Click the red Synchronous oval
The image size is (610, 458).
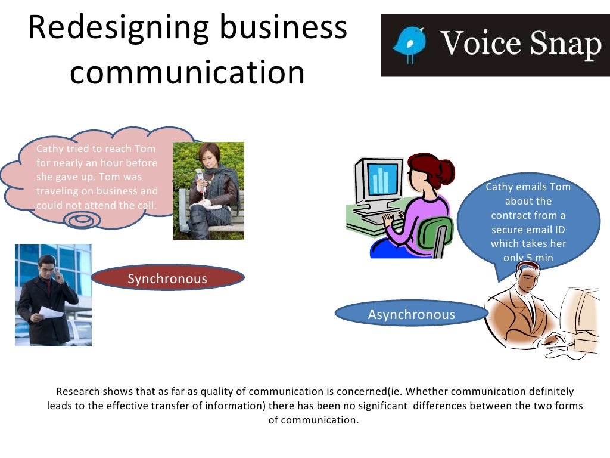click(167, 278)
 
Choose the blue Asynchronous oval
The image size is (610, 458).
click(411, 314)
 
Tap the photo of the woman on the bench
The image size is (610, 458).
click(208, 190)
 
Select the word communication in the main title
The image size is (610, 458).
click(187, 73)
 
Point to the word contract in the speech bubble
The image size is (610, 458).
click(511, 215)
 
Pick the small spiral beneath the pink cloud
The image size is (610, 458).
click(79, 221)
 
